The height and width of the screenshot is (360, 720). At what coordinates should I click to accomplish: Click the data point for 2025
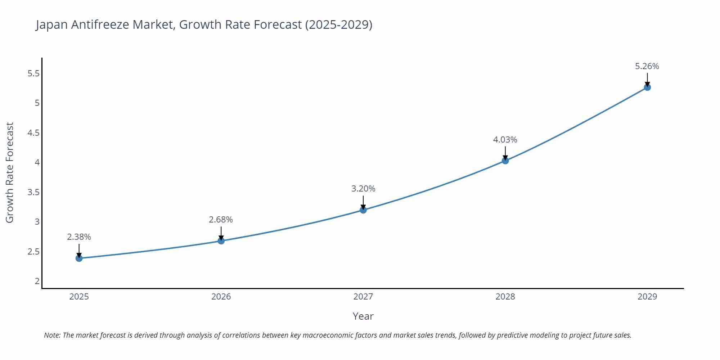click(x=79, y=258)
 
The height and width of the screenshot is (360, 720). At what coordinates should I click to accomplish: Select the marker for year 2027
click(x=363, y=210)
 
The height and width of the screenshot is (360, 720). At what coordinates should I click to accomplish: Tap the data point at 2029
click(x=647, y=87)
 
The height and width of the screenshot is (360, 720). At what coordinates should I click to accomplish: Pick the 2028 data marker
click(x=505, y=161)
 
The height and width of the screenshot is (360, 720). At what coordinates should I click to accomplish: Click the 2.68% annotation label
click(x=221, y=220)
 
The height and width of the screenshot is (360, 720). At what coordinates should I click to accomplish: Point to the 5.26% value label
click(x=647, y=66)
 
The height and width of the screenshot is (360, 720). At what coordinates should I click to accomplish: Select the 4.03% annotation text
click(x=505, y=140)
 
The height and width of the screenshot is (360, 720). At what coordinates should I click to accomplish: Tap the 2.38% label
click(x=79, y=237)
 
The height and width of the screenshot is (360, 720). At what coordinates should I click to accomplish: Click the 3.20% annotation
click(x=363, y=189)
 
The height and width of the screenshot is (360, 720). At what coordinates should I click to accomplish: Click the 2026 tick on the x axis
click(x=221, y=297)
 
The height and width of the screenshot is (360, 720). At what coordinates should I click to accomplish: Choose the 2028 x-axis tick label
click(x=505, y=297)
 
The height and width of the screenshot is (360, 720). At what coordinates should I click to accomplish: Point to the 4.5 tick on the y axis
click(x=33, y=133)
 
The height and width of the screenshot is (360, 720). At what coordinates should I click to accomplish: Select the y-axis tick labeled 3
click(x=37, y=222)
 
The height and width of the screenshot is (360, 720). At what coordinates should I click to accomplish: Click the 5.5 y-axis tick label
click(x=33, y=74)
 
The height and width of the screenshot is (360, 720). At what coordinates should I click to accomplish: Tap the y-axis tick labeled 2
click(x=37, y=281)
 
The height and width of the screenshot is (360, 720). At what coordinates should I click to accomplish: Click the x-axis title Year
click(x=363, y=316)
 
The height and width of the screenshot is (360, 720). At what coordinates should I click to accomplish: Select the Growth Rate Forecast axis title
click(x=10, y=172)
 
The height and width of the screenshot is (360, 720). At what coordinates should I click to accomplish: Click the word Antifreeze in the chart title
click(x=100, y=24)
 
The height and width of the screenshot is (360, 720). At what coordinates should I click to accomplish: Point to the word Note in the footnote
click(x=52, y=335)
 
